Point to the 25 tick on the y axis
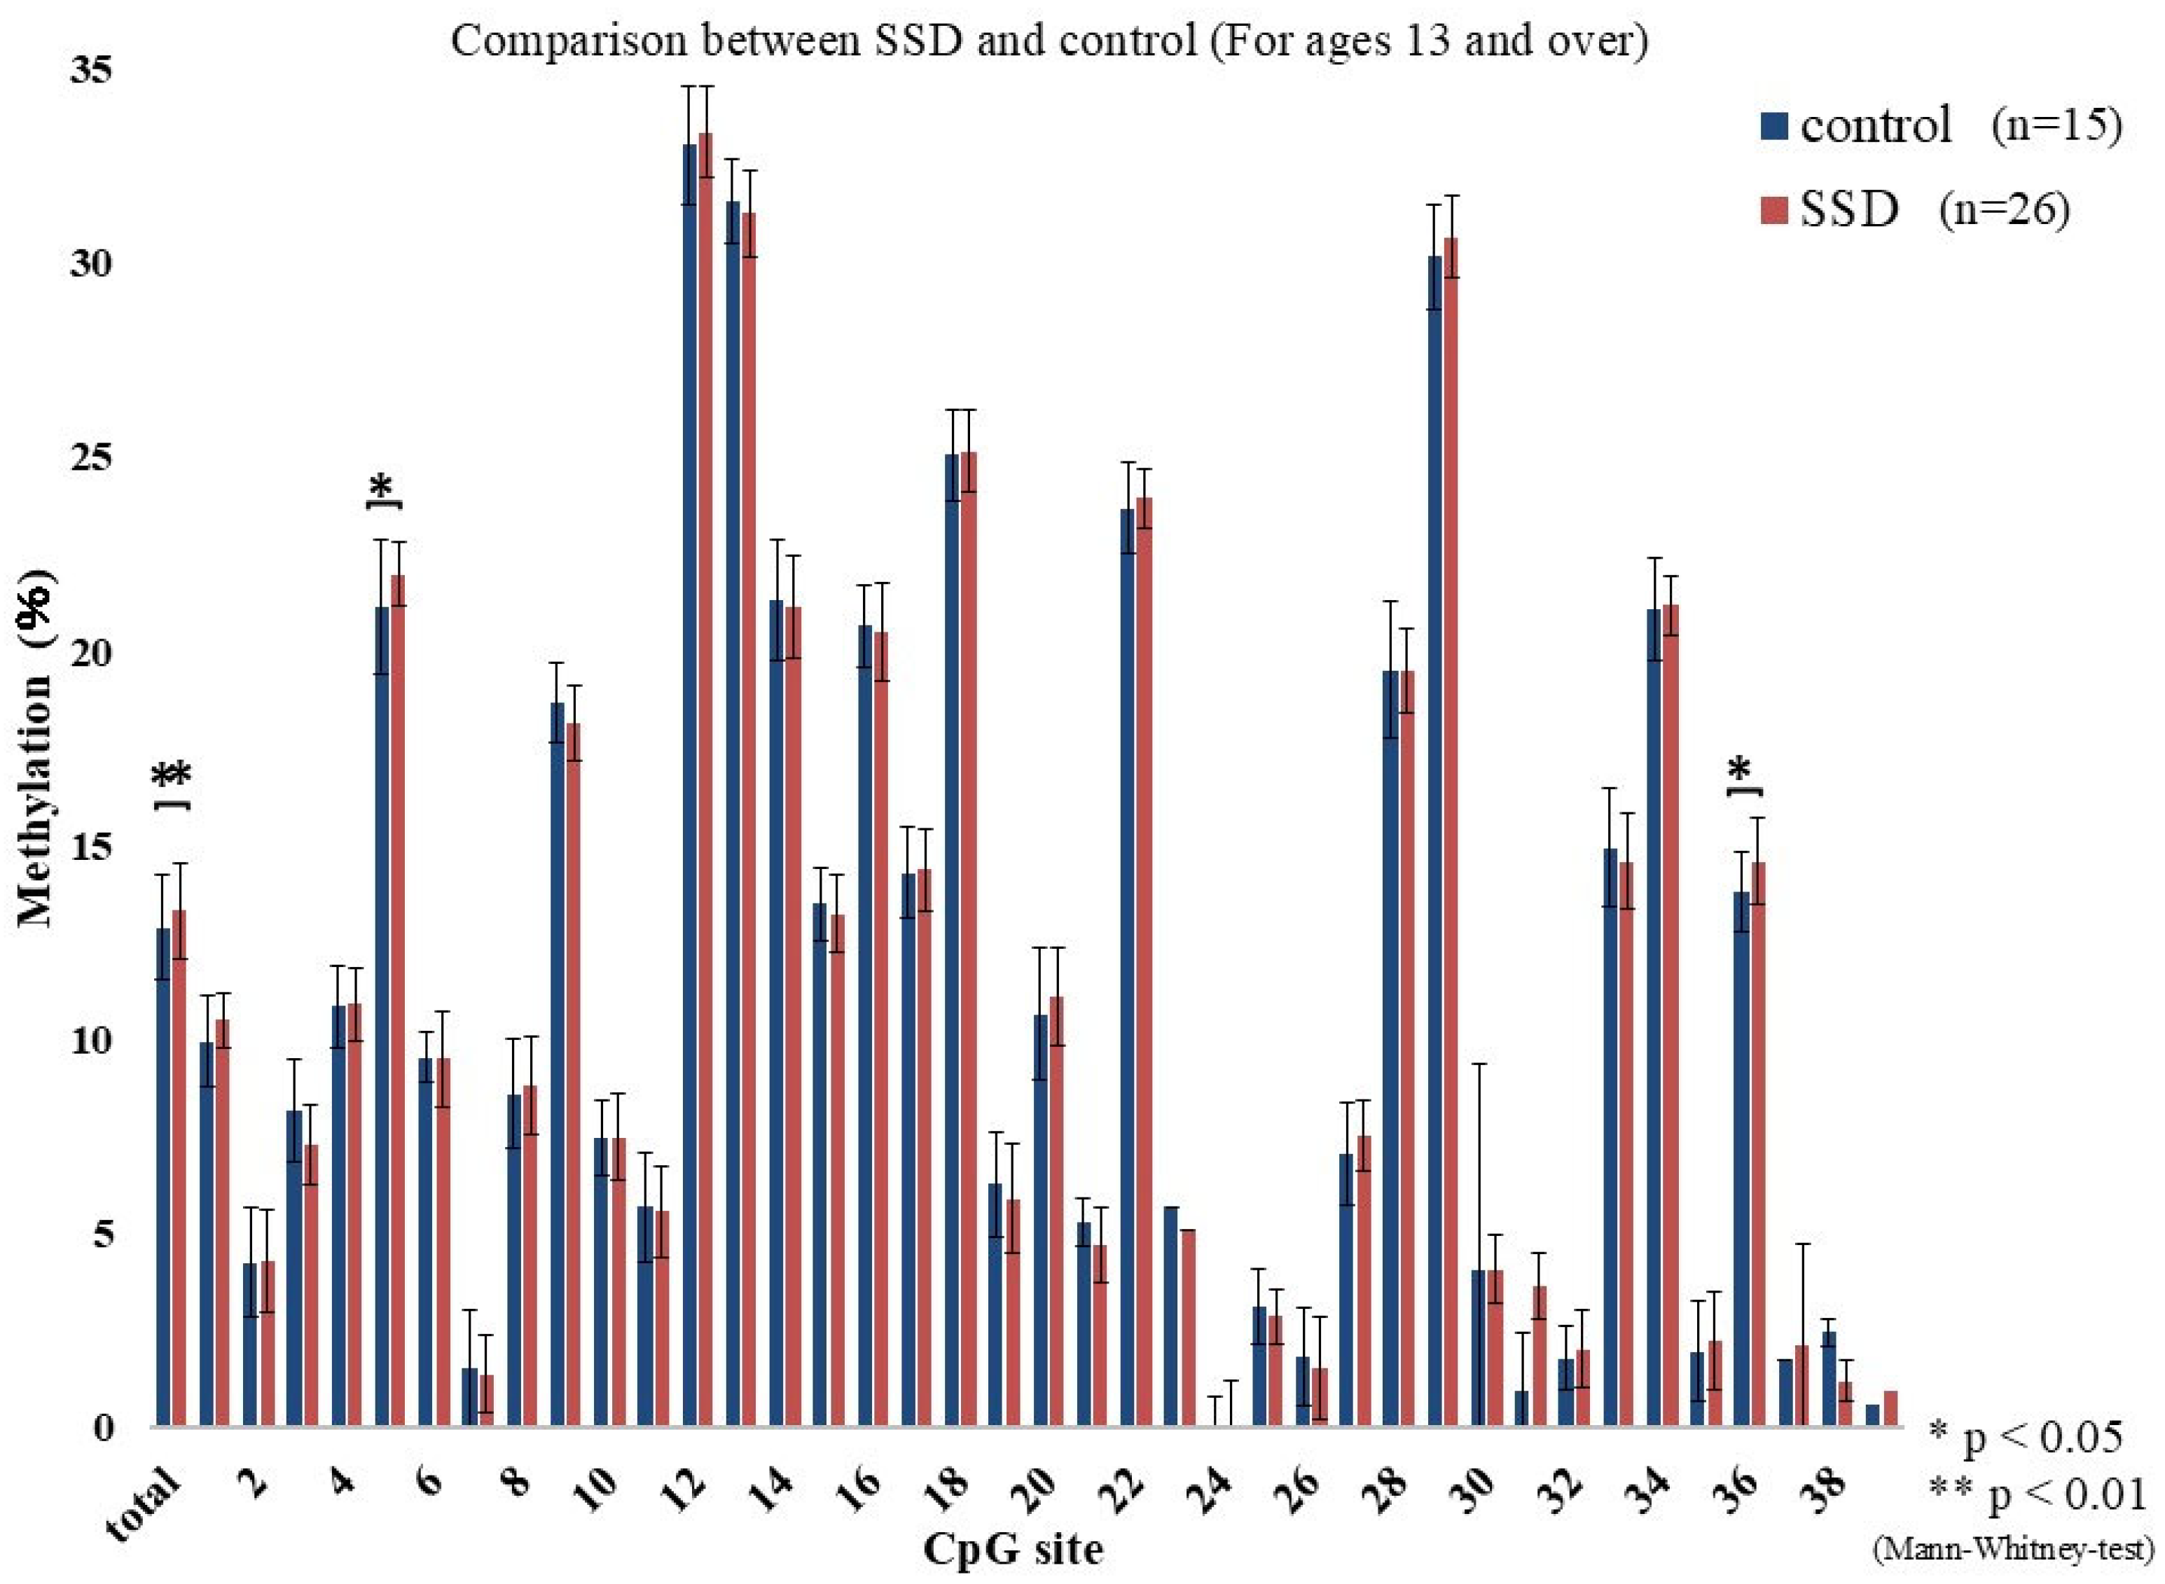tap(91, 457)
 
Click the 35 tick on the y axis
tap(91, 69)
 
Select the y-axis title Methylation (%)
tap(36, 748)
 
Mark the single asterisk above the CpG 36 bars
tap(1739, 770)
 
